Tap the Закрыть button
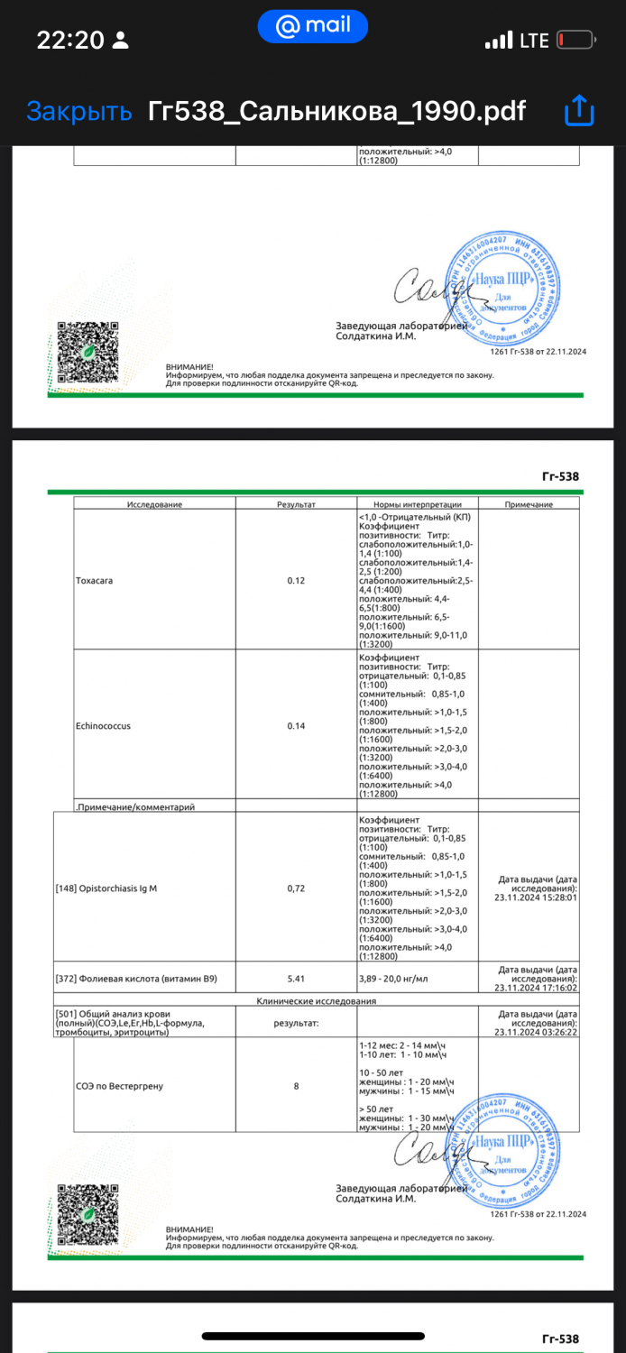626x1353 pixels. pos(79,111)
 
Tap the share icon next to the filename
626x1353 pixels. pos(578,111)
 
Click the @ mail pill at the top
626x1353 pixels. pos(312,26)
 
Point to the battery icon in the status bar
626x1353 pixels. pos(575,41)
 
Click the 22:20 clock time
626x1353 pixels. pos(70,41)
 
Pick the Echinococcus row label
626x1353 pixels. pos(104,725)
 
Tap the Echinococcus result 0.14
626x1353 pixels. pos(296,725)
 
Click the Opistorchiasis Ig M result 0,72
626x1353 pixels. pos(296,888)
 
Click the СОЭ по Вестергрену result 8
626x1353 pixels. pos(296,1086)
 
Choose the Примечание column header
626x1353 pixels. pos(529,504)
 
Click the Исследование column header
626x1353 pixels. pos(154,504)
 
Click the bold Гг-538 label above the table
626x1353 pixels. pos(560,476)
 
